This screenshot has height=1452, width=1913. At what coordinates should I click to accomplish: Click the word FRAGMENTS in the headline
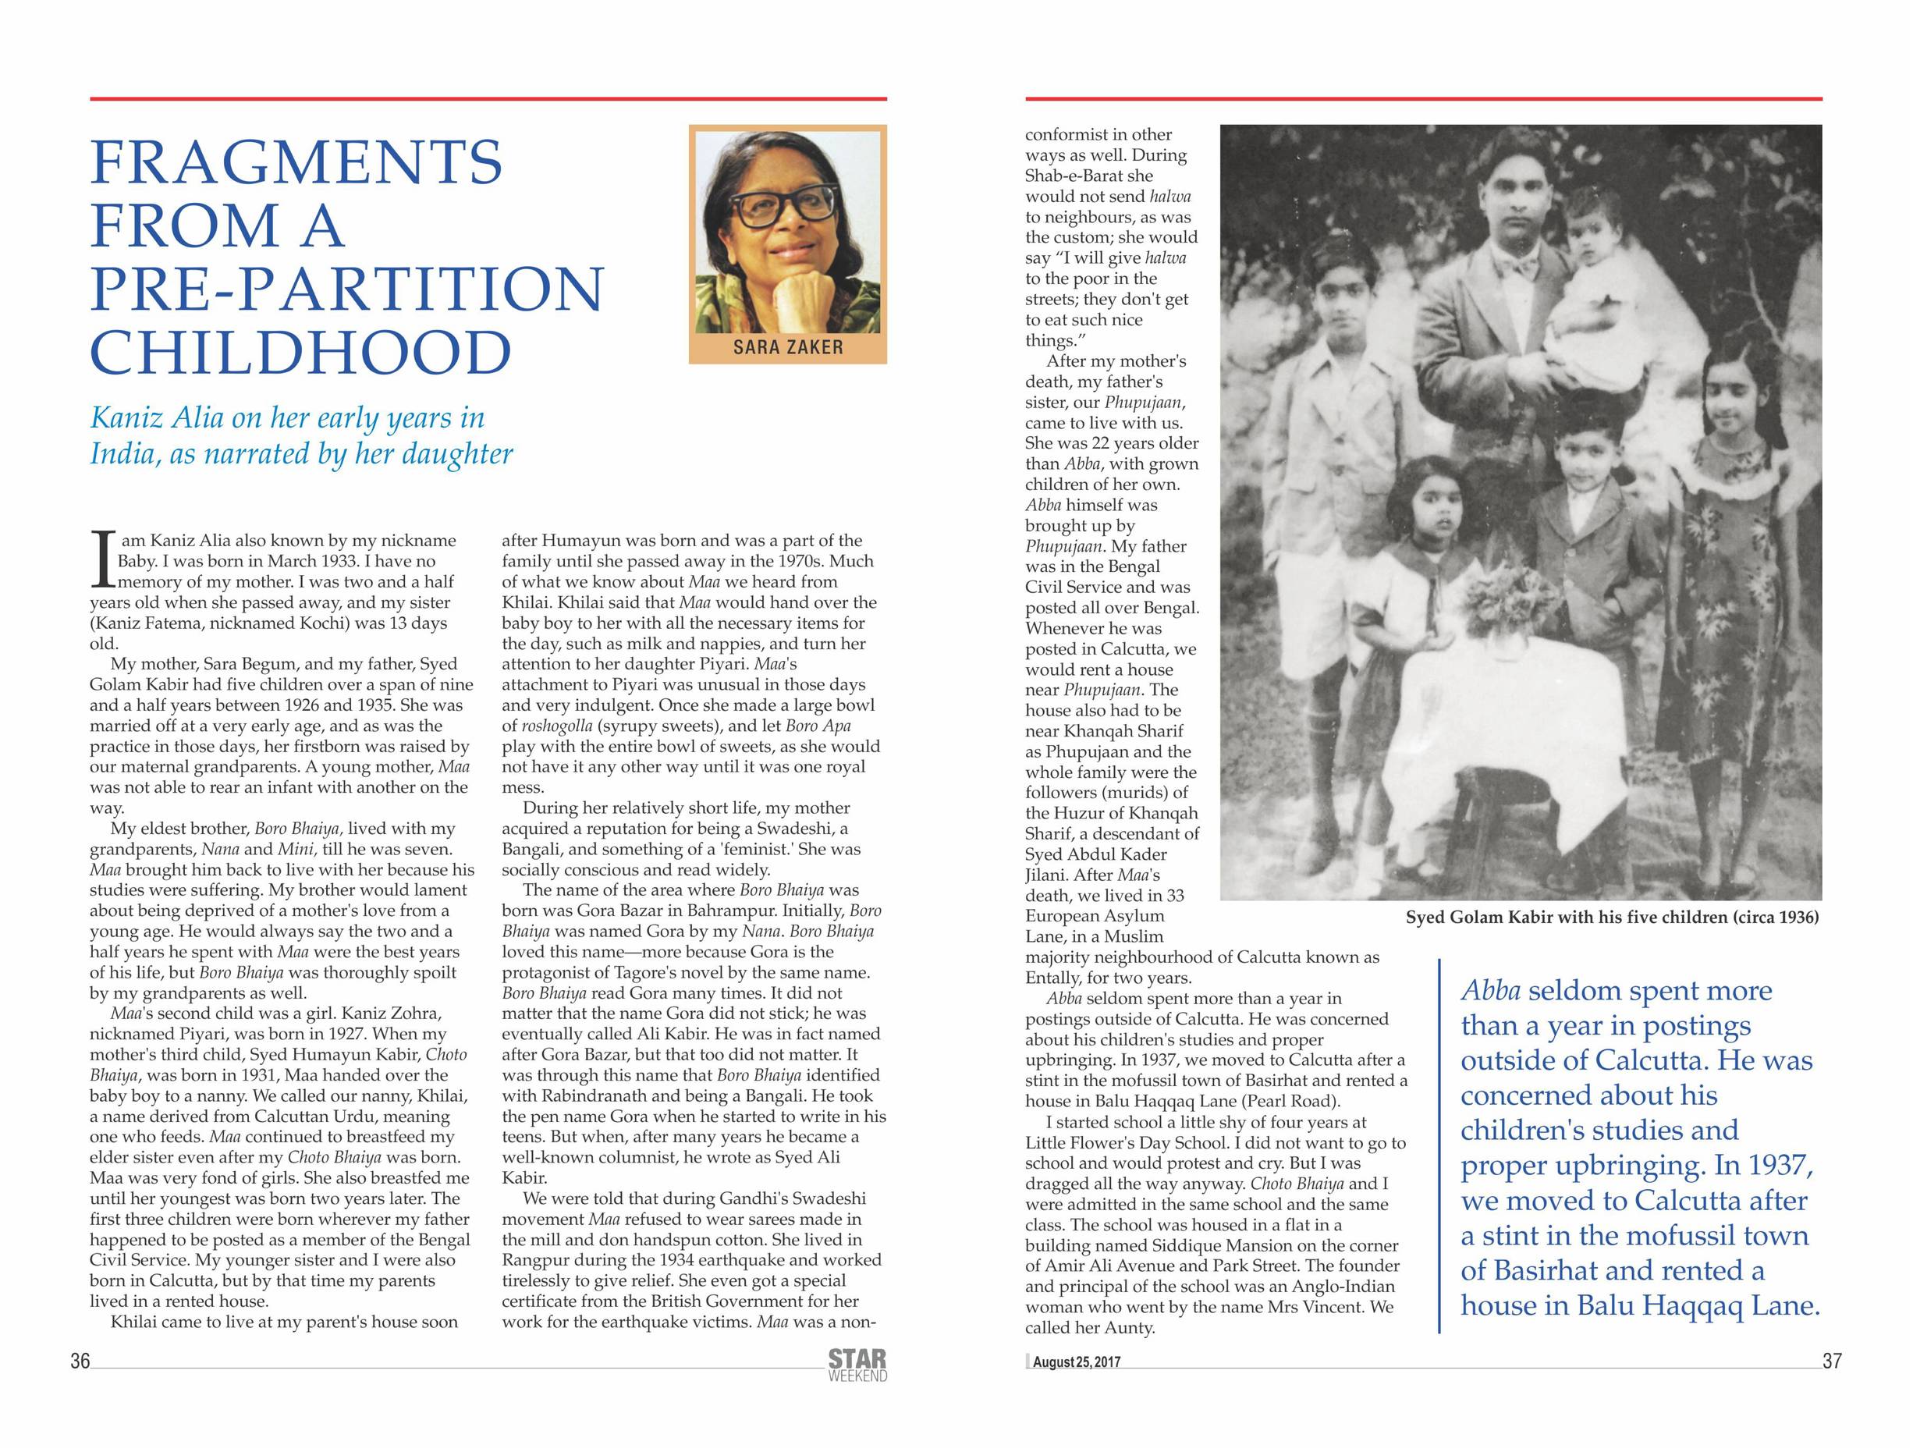pos(296,162)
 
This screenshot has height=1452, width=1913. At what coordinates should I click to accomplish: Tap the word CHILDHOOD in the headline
pos(301,353)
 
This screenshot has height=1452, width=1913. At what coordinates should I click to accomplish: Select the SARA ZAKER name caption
pos(787,348)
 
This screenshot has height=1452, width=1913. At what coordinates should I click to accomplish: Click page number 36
pos(80,1361)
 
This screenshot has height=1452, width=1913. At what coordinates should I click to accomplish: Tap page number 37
pos(1832,1361)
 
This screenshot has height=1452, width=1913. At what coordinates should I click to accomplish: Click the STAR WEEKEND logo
pos(857,1365)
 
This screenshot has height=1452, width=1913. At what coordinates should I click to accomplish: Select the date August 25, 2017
pos(1076,1362)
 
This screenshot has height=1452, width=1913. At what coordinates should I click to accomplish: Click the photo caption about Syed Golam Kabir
pos(1612,918)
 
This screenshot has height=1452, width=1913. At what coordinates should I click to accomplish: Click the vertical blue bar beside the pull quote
pos(1440,1146)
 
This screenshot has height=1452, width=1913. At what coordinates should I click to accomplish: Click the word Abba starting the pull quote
pos(1490,990)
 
